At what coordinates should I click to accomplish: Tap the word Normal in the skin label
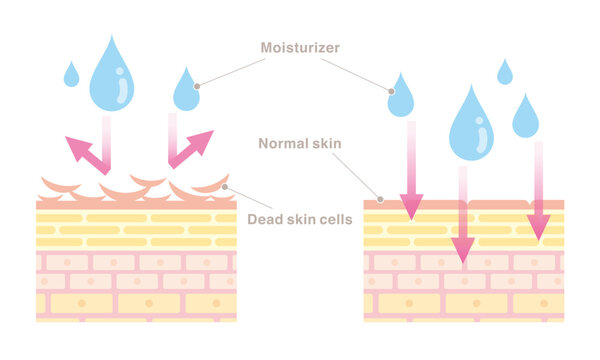(283, 143)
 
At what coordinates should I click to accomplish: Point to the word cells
(331, 219)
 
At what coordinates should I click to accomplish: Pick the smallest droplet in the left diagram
(71, 75)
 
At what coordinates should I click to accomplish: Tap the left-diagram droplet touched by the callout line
(186, 91)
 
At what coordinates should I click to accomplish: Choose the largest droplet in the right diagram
(471, 126)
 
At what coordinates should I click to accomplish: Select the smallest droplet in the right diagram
(505, 73)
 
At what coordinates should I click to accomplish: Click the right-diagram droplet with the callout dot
(401, 97)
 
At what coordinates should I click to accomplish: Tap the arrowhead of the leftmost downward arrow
(411, 205)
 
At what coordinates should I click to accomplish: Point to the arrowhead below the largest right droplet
(462, 249)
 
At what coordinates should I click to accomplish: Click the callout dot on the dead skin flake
(226, 186)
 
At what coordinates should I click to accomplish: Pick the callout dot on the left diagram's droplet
(197, 86)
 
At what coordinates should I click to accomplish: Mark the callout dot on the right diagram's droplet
(390, 89)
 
